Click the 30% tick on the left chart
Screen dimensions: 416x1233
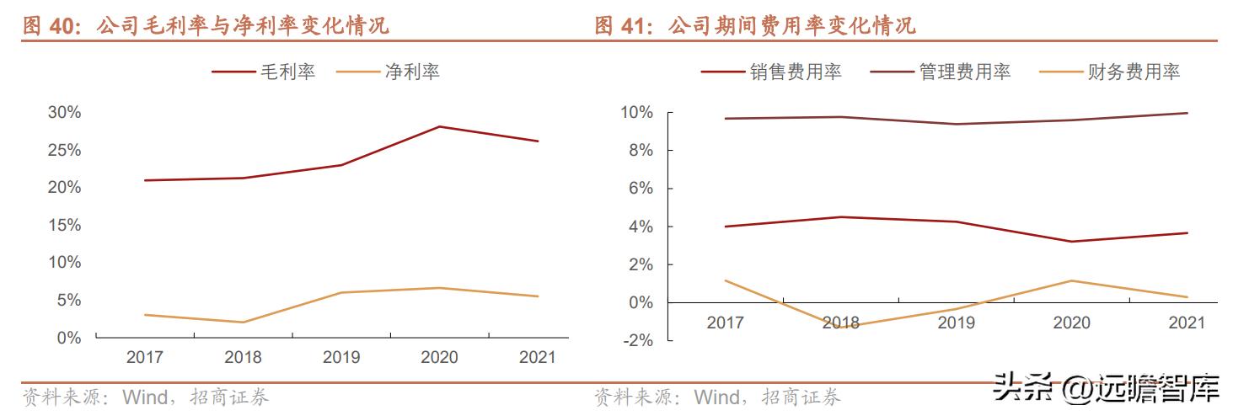coord(64,112)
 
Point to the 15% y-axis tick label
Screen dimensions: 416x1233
coord(64,225)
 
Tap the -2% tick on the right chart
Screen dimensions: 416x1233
coord(637,340)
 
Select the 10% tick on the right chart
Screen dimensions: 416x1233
coord(637,112)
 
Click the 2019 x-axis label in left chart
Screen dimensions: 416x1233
coord(340,357)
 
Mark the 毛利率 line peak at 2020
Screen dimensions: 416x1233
coord(439,126)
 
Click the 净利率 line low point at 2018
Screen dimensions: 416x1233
coord(243,323)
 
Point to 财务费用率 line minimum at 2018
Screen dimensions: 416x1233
coord(840,327)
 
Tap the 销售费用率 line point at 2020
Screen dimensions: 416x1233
coord(1070,242)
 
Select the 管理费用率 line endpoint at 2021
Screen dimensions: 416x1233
coord(1187,113)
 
